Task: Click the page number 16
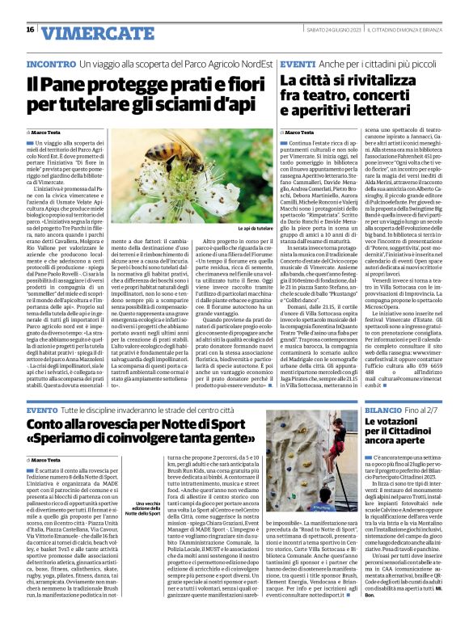30,29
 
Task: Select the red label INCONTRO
52,63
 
